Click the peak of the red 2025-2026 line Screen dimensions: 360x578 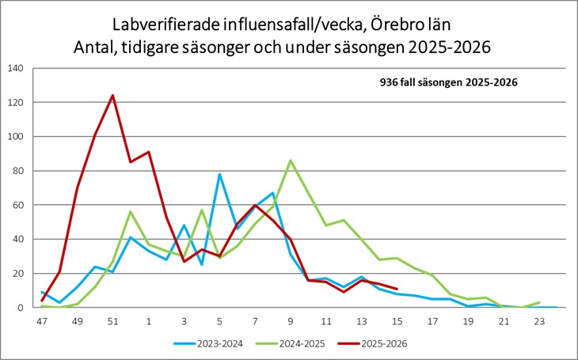click(112, 96)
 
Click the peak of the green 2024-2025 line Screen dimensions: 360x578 click(291, 161)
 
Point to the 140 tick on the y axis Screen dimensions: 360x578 click(15, 68)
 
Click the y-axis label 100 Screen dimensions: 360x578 click(15, 137)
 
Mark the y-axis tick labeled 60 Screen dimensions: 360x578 click(17, 205)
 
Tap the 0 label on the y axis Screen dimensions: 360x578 click(20, 308)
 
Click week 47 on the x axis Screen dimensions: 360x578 click(42, 322)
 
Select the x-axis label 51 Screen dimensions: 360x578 click(112, 322)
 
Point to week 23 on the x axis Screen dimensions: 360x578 click(540, 322)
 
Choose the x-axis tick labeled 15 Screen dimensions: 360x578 click(397, 322)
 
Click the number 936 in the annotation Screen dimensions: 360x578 click(390, 81)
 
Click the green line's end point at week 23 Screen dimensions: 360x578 click(540, 302)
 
